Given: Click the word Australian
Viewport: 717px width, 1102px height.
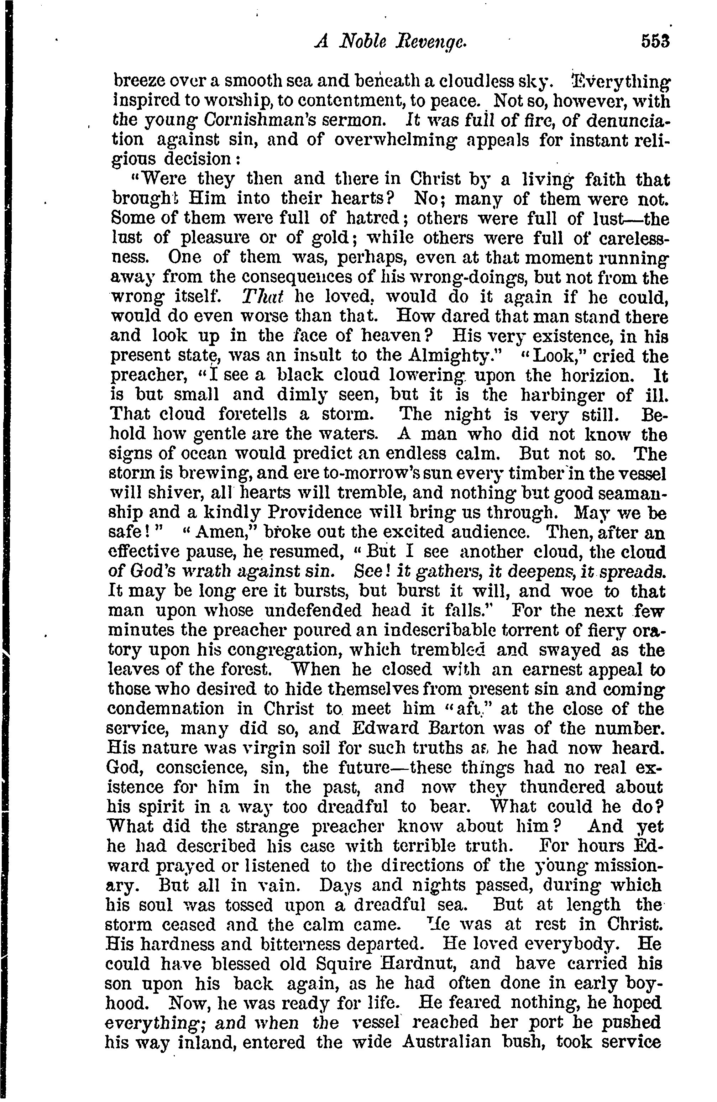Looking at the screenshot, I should pyautogui.click(x=447, y=1042).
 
